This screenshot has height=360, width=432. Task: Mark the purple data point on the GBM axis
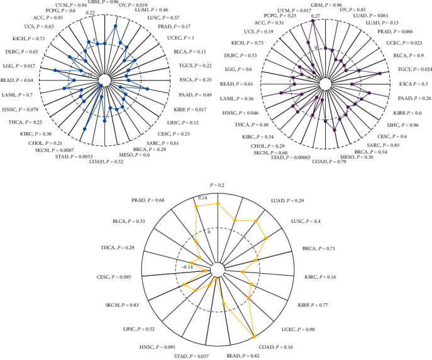point(314,20)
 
